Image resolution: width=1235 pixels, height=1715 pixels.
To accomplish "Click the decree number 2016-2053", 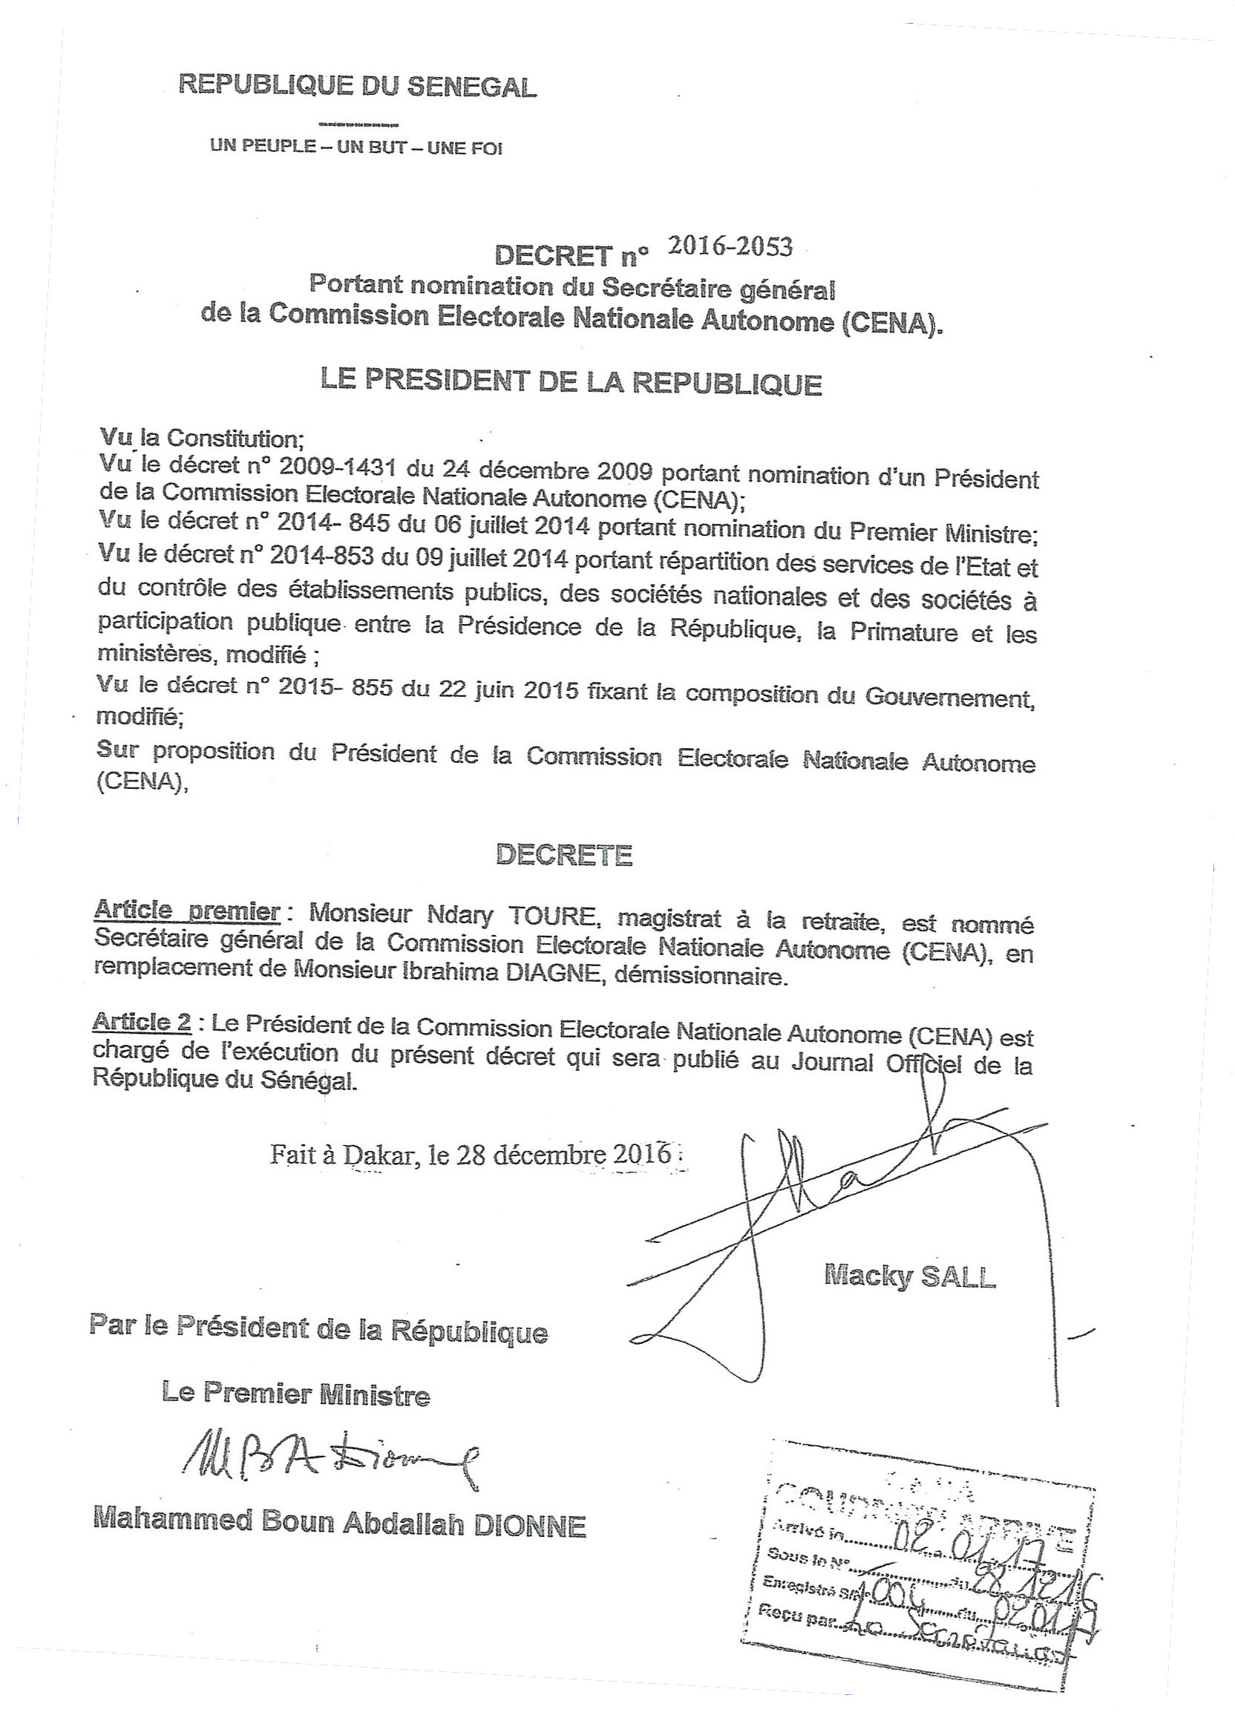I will (x=730, y=247).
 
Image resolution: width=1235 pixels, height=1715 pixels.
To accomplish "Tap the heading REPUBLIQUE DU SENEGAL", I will (x=357, y=85).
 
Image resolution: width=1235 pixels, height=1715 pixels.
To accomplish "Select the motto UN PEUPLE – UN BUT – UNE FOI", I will (x=356, y=147).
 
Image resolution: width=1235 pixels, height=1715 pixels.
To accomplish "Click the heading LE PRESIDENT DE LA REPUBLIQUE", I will (x=571, y=381).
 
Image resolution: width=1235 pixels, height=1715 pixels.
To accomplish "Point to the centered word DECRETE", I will (x=563, y=854).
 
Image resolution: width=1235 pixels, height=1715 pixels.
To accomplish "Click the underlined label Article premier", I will (x=187, y=912).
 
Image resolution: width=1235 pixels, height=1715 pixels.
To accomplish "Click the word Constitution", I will (x=235, y=438).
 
